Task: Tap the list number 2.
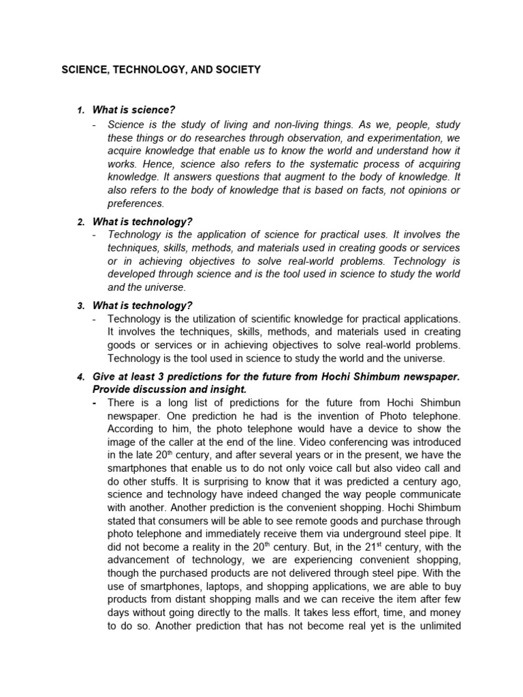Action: coord(80,222)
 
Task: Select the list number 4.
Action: coord(80,376)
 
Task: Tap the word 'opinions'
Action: coord(426,190)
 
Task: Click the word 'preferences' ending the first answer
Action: coord(136,204)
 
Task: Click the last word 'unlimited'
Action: coord(436,626)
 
